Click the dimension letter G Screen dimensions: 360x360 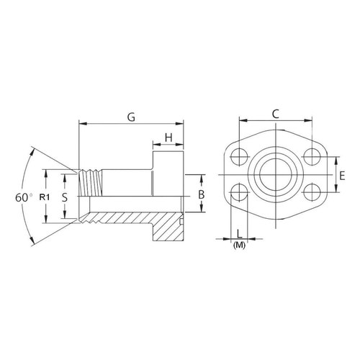tap(131, 117)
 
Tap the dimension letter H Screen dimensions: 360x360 tap(168, 138)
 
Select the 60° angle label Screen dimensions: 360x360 tap(24, 198)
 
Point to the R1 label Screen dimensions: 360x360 tap(45, 197)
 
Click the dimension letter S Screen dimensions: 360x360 tap(65, 197)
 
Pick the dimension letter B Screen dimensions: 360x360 tap(201, 194)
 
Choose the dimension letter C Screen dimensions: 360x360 tap(276, 114)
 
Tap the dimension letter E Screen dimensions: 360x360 tap(342, 176)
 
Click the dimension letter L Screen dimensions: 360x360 tap(239, 233)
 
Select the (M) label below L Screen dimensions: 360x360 tap(239, 245)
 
